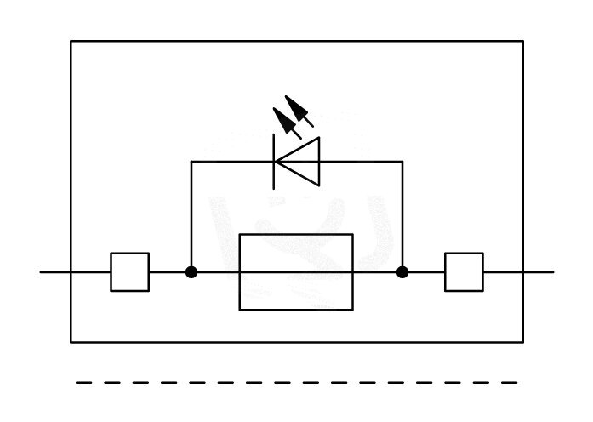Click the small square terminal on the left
pyautogui.click(x=129, y=272)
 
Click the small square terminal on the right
pyautogui.click(x=464, y=272)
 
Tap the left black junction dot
pyautogui.click(x=191, y=272)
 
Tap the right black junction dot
pyautogui.click(x=402, y=272)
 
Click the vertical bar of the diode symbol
pyautogui.click(x=274, y=161)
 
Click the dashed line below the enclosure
pyautogui.click(x=296, y=383)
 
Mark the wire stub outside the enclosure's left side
pyautogui.click(x=55, y=272)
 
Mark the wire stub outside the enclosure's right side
pyautogui.click(x=539, y=272)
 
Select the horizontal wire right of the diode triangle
pyautogui.click(x=361, y=161)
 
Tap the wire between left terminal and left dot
pyautogui.click(x=168, y=272)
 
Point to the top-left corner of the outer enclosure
pyautogui.click(x=71, y=41)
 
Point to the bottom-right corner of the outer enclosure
pyautogui.click(x=522, y=342)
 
